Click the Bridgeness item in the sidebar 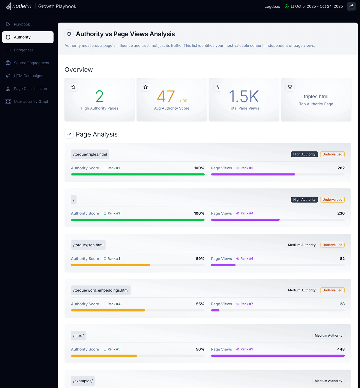tap(23, 50)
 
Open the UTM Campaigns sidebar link tap(28, 76)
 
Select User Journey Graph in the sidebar tap(31, 102)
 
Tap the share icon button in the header tap(351, 6)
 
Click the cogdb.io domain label tap(272, 6)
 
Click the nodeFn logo tap(19, 6)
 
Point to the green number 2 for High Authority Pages tap(99, 96)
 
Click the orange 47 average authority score tap(166, 96)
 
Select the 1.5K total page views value tap(244, 96)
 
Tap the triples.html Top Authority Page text tap(316, 96)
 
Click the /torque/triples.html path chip tap(90, 154)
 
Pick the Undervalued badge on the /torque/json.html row tap(332, 245)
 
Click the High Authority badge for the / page tap(304, 200)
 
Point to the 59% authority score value tap(200, 259)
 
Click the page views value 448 tap(341, 349)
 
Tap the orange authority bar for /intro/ tap(104, 356)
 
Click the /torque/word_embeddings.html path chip tap(101, 290)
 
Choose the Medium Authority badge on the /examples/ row tap(328, 381)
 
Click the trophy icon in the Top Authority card tap(290, 87)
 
